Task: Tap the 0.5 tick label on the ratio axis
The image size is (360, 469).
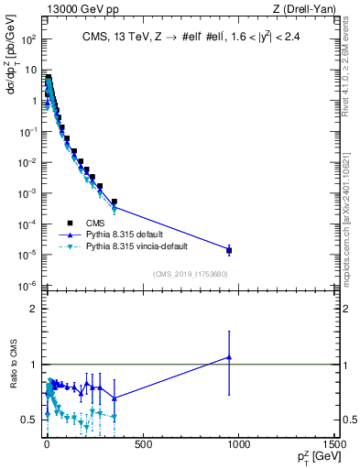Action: tap(29, 420)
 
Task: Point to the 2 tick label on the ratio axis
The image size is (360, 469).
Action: tap(33, 309)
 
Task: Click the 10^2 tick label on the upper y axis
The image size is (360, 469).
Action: tap(28, 40)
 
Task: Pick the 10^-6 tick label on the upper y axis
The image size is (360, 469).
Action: tap(28, 286)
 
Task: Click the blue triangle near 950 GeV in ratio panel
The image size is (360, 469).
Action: tap(229, 357)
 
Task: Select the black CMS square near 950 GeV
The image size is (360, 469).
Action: tap(229, 250)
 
